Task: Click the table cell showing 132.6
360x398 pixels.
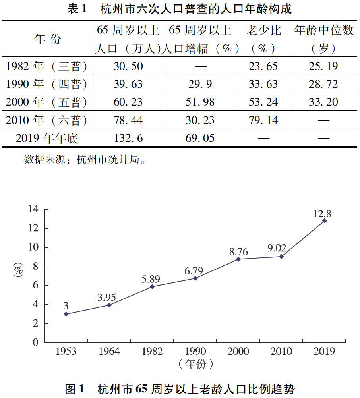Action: click(x=128, y=138)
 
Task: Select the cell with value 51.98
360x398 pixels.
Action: click(x=200, y=102)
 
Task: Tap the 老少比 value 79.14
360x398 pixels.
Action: click(x=263, y=120)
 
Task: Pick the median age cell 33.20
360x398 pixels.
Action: click(x=323, y=102)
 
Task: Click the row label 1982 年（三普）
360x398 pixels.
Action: click(x=47, y=66)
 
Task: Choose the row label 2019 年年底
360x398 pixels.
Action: click(x=47, y=138)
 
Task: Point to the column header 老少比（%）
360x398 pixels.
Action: click(x=263, y=39)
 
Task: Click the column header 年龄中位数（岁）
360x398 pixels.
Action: click(x=323, y=39)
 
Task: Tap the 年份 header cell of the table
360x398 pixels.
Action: click(x=47, y=39)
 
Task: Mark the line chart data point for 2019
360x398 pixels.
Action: click(x=324, y=220)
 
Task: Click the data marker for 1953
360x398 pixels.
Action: click(x=66, y=314)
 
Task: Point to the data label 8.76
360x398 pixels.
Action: click(x=238, y=251)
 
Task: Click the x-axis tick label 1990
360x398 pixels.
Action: click(x=195, y=351)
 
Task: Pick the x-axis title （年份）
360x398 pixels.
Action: click(x=195, y=363)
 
